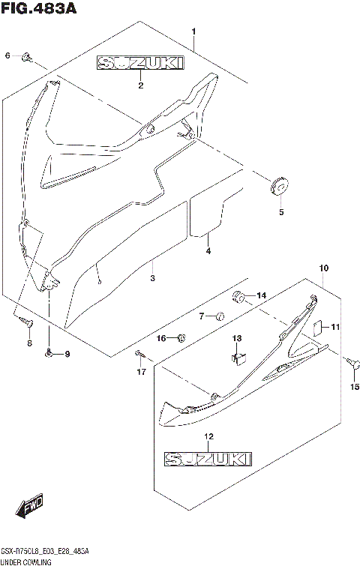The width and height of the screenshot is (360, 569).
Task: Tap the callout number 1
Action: (193, 31)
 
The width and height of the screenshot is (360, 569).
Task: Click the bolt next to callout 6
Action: (27, 55)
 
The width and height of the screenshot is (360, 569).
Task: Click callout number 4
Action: (208, 251)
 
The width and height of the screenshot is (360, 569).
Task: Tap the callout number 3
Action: (152, 277)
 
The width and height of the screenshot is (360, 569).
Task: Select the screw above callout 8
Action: (25, 321)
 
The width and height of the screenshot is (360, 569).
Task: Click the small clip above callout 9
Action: (49, 352)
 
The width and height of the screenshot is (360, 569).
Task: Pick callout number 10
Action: (323, 268)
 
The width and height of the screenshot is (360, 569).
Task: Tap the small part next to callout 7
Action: (220, 316)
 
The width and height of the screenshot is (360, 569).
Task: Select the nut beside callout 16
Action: (181, 339)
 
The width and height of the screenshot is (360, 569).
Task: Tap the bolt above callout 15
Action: (350, 362)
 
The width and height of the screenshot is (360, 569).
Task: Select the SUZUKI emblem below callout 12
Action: (208, 457)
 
